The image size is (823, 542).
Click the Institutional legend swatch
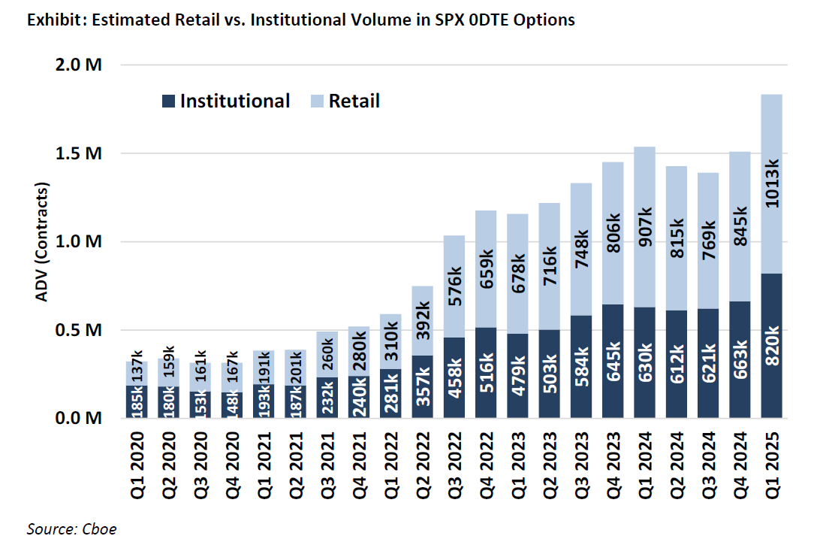coord(168,101)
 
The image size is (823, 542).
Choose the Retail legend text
coord(354,101)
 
